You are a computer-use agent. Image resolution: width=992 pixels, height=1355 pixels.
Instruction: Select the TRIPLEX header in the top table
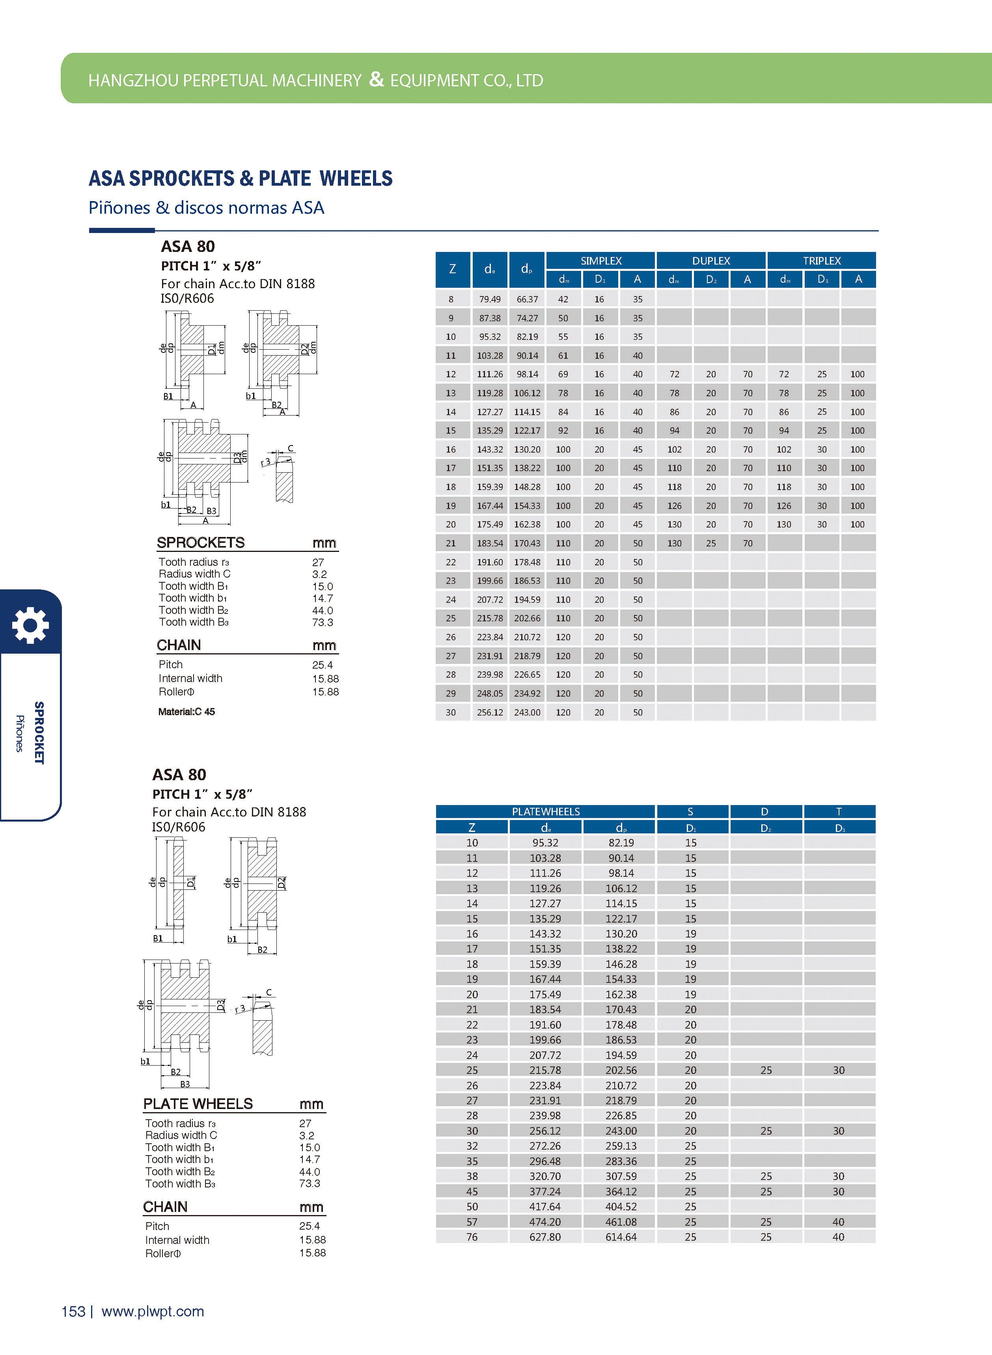(x=821, y=261)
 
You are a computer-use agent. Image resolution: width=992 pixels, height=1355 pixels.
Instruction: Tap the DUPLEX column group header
(x=711, y=261)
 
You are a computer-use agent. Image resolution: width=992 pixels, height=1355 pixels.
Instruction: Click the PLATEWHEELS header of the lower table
(x=545, y=812)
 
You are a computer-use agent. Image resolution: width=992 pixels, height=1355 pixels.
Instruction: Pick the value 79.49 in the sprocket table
(x=490, y=299)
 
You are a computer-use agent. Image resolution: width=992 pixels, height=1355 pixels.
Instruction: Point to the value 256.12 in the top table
(x=490, y=713)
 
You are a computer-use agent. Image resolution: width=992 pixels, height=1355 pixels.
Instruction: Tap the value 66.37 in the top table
(x=527, y=299)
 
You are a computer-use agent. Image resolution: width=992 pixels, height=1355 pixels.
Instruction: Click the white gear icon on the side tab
(x=30, y=625)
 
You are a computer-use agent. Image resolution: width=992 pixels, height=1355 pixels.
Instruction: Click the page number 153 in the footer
(x=73, y=1311)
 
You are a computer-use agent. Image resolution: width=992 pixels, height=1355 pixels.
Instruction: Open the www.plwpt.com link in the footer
(x=153, y=1311)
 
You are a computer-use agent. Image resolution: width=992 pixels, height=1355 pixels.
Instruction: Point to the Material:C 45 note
(x=186, y=712)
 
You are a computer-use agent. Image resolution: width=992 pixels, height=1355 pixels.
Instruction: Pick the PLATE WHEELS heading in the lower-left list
(x=198, y=1103)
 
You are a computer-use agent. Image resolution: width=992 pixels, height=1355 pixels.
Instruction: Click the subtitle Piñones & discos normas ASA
(x=206, y=208)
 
